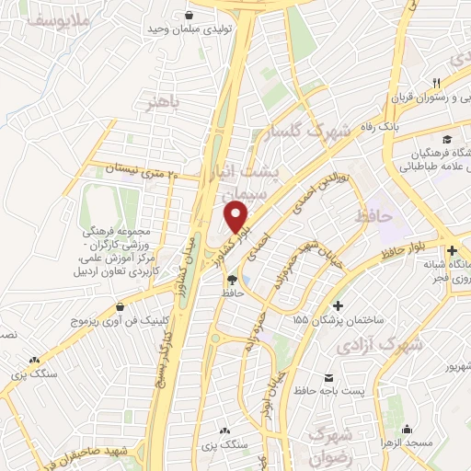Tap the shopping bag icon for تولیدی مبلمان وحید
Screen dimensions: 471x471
(x=189, y=16)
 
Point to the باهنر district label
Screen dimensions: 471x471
(x=160, y=102)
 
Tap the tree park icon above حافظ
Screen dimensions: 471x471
(x=231, y=280)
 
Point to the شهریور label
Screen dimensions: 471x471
(x=440, y=368)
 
